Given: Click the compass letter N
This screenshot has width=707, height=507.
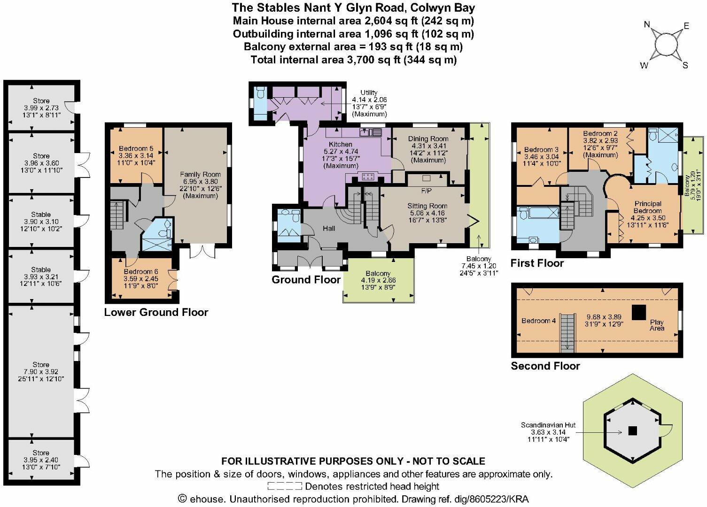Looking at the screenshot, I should tap(647, 24).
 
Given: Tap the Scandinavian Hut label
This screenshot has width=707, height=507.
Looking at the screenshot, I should tap(548, 425).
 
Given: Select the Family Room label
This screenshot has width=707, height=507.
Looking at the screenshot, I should tap(200, 174).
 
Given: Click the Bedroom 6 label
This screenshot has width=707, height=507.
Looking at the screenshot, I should tap(141, 271).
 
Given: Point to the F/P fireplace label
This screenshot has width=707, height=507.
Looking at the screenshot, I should tap(426, 191).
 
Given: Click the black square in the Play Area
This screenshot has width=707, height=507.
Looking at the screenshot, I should tap(638, 313).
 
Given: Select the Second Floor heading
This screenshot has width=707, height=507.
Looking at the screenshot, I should tap(545, 366).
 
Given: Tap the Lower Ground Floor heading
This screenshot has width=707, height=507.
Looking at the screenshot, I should tap(156, 312).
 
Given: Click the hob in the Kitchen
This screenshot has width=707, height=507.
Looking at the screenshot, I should tap(368, 177).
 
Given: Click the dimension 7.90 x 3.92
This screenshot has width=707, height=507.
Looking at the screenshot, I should tap(41, 372).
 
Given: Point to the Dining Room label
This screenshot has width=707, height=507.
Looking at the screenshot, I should tap(428, 138).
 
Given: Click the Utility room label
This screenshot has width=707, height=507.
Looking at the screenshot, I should tap(369, 92).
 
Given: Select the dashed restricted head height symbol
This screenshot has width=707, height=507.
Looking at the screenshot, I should tap(285, 486).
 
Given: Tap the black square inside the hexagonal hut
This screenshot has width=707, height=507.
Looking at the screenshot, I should tap(633, 431).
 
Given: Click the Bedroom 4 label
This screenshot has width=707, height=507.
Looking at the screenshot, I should tap(539, 321).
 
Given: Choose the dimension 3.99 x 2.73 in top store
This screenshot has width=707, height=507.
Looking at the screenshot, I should tap(41, 108).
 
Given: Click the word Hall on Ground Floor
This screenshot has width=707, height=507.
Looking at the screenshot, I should tap(329, 228).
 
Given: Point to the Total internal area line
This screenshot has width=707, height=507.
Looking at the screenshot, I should tap(353, 60).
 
